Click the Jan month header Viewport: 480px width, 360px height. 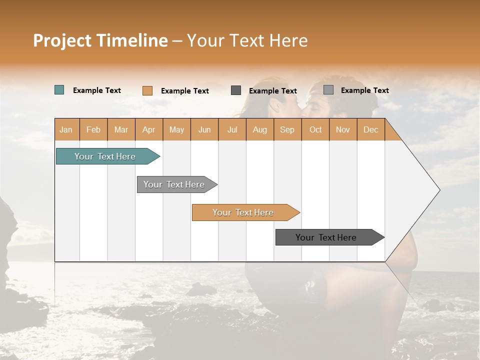point(66,129)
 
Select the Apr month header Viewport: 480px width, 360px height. point(149,129)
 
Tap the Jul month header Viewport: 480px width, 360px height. point(232,129)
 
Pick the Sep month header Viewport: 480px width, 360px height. point(287,129)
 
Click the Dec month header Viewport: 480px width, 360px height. point(371,129)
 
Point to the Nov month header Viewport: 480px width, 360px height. point(343,129)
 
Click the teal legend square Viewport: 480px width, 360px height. point(59,90)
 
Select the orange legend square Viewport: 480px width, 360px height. point(147,90)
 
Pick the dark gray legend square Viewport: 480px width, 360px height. point(236,90)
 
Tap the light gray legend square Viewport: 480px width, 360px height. point(328,90)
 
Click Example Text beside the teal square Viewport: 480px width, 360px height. point(97,90)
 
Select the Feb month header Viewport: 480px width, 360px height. point(93,129)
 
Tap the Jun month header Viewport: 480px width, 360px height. point(204,129)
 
